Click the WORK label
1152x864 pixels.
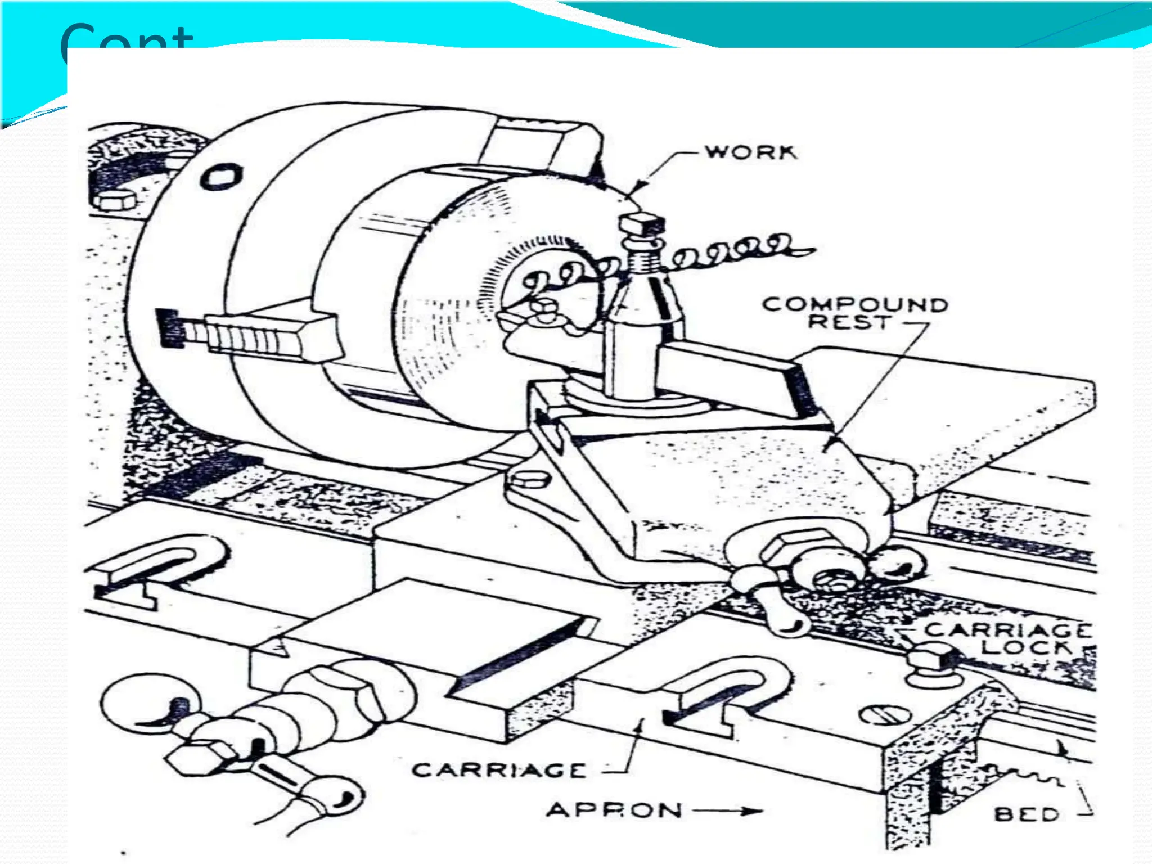(x=751, y=152)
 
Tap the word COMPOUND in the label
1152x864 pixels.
(x=854, y=304)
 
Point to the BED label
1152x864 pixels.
(x=1027, y=814)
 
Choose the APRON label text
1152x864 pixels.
(x=614, y=810)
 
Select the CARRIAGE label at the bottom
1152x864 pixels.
(x=499, y=769)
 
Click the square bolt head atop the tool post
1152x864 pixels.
(x=642, y=224)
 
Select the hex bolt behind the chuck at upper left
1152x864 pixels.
(x=114, y=200)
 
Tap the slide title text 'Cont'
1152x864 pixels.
(x=127, y=37)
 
